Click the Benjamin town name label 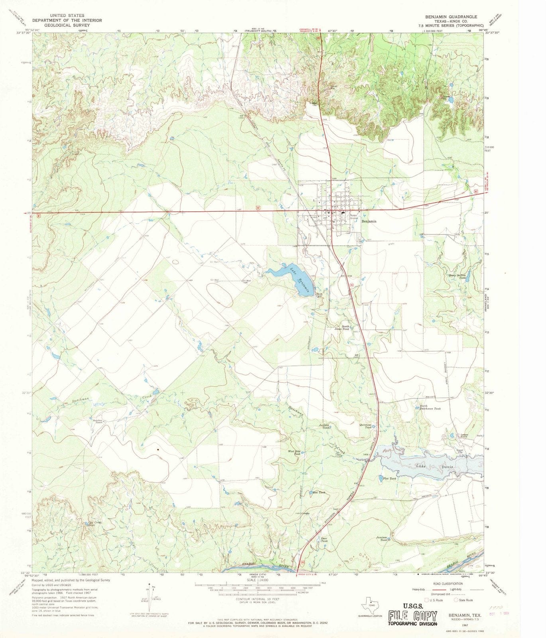tap(369, 221)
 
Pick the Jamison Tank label tap(381, 538)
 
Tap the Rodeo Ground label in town tap(354, 217)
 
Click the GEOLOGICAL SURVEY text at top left tap(67, 25)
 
